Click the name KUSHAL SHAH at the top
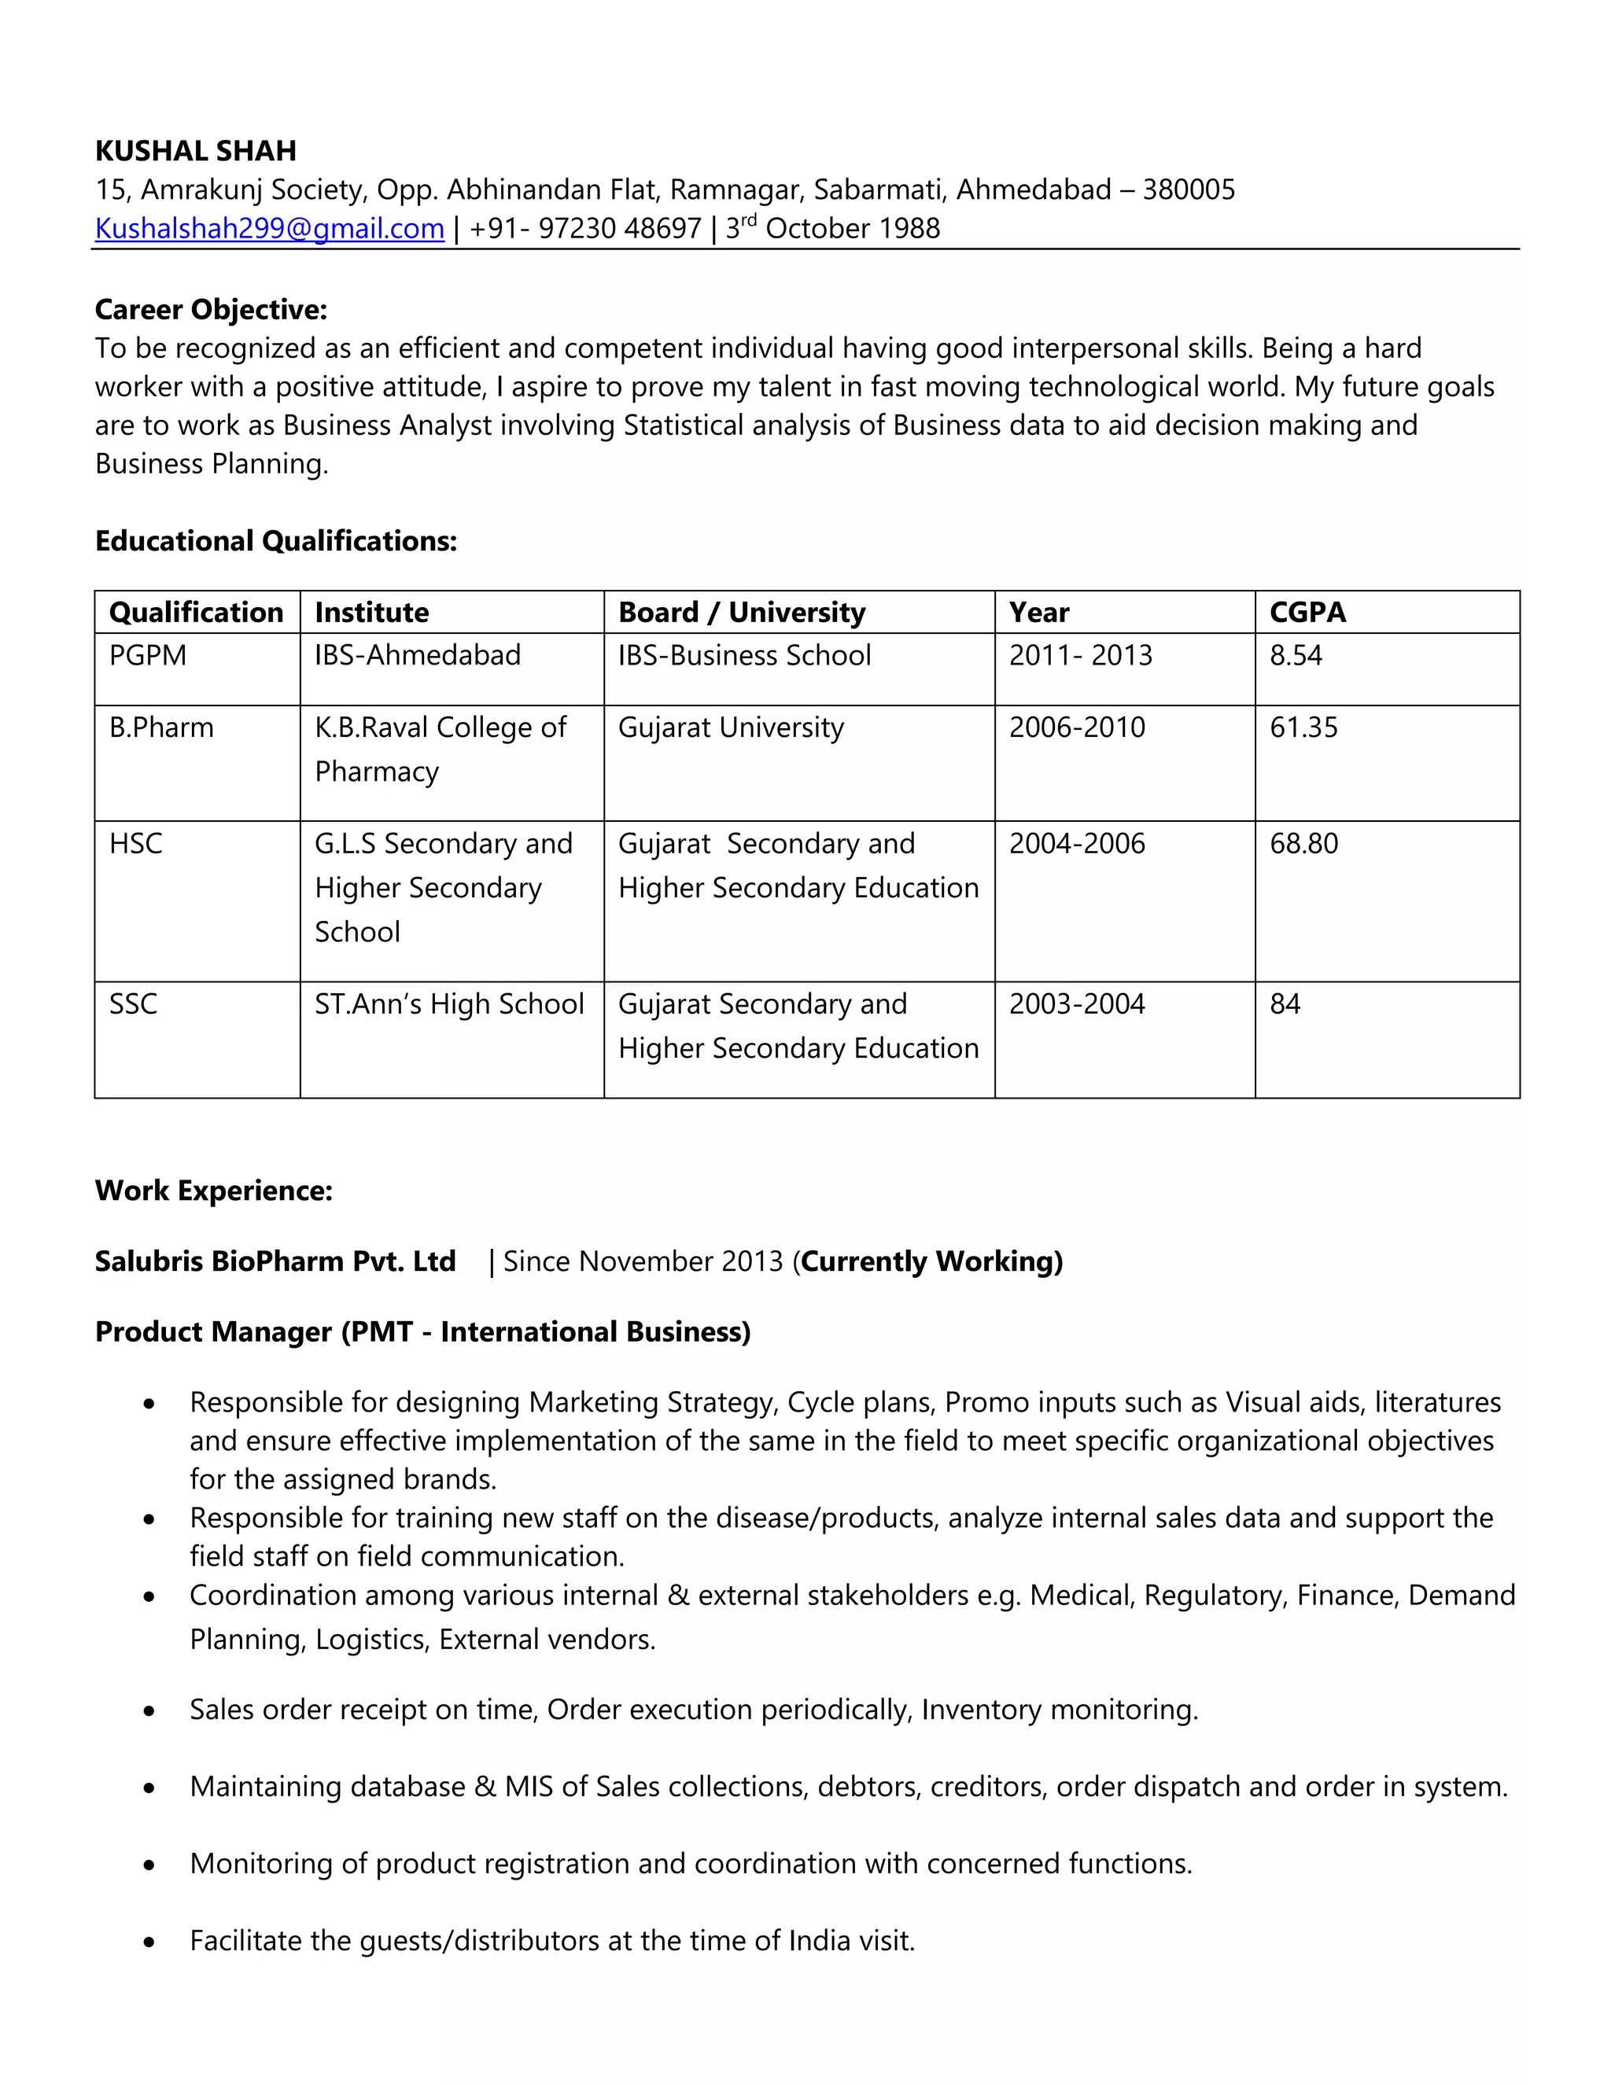tap(196, 151)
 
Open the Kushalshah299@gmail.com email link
tap(269, 228)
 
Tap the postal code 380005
tap(1189, 189)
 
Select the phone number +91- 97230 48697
tap(585, 228)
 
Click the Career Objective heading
tap(211, 309)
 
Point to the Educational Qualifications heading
tap(276, 541)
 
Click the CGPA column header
tap(1307, 612)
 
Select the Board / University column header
tap(742, 612)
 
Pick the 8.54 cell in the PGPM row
tap(1295, 656)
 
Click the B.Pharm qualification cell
tap(161, 727)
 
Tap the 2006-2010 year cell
tap(1077, 727)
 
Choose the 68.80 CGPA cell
tap(1303, 844)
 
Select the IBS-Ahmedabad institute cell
tap(417, 656)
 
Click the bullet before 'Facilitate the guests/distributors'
tap(149, 1942)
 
